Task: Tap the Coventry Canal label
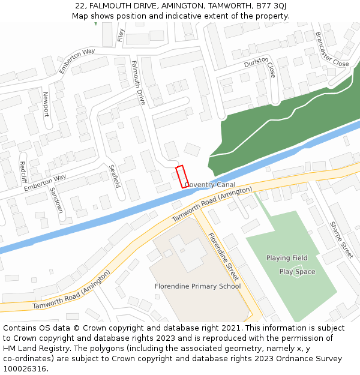click(x=209, y=185)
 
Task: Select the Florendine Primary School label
click(x=197, y=286)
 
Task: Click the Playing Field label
click(x=287, y=258)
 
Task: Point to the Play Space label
click(x=297, y=272)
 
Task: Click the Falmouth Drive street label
click(x=138, y=83)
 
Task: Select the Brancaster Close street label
click(x=332, y=49)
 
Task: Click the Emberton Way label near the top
click(x=77, y=61)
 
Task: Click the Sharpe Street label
click(x=341, y=240)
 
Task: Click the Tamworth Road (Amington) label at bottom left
click(x=71, y=290)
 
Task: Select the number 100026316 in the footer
click(x=25, y=369)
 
